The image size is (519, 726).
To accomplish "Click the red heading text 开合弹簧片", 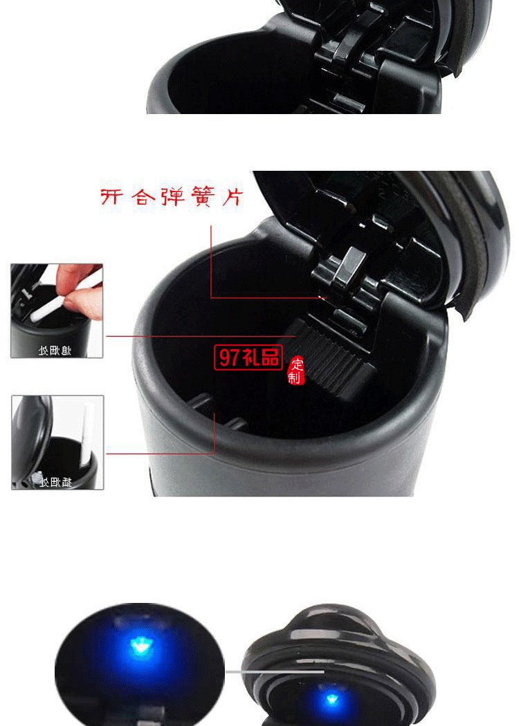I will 172,196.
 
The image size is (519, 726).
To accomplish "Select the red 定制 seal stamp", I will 296,371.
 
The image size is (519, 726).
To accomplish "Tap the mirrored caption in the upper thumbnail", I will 55,351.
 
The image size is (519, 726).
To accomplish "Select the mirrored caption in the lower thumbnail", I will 55,482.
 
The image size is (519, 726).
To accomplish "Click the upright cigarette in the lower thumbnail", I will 87,436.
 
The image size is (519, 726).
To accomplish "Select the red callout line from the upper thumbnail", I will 201,337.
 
